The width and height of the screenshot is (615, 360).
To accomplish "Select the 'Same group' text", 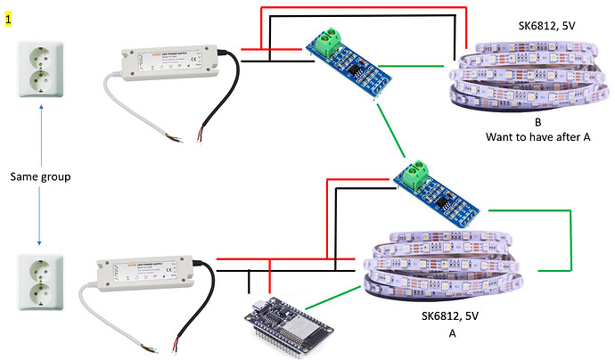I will click(x=39, y=176).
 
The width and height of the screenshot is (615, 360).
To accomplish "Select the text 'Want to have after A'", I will click(x=538, y=138).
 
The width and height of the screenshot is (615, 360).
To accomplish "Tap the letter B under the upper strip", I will click(x=538, y=122).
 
